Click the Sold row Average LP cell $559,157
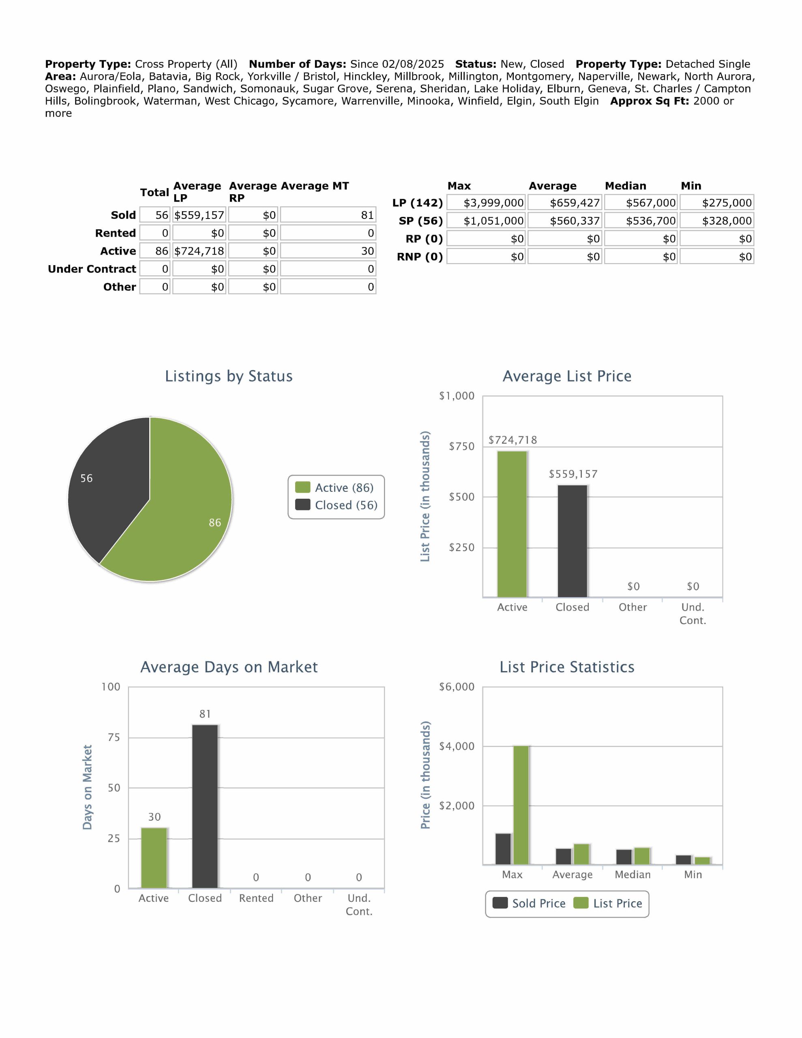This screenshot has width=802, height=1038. click(x=199, y=215)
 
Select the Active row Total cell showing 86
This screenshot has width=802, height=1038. click(x=155, y=251)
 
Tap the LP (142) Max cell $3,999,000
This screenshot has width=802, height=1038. click(x=486, y=203)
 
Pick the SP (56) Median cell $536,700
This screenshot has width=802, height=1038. click(x=641, y=221)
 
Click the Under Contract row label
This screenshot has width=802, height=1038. click(x=92, y=269)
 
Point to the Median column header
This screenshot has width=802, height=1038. click(x=625, y=186)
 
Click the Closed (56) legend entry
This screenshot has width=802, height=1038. click(x=337, y=505)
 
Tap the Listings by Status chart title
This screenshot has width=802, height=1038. click(x=229, y=376)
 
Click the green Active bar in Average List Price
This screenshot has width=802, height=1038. click(x=512, y=523)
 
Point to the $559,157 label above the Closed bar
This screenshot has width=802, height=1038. click(x=573, y=474)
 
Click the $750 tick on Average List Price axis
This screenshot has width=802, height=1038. click(x=461, y=446)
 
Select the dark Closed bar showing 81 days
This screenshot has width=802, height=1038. click(x=205, y=808)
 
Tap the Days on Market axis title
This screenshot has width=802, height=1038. click(x=87, y=787)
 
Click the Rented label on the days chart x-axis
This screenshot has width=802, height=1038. click(x=256, y=898)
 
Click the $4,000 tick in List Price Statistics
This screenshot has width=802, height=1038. click(x=457, y=746)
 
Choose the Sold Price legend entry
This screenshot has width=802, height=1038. click(x=529, y=903)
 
